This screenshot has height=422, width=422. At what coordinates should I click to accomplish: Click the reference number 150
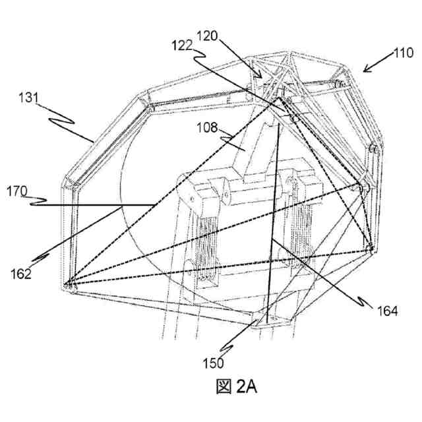coord(213,362)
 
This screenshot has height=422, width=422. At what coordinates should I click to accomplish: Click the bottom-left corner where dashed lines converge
coord(68,285)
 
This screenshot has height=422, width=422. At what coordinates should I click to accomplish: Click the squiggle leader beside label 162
coord(40,256)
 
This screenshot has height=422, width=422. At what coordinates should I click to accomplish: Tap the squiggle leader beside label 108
coord(233,136)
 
